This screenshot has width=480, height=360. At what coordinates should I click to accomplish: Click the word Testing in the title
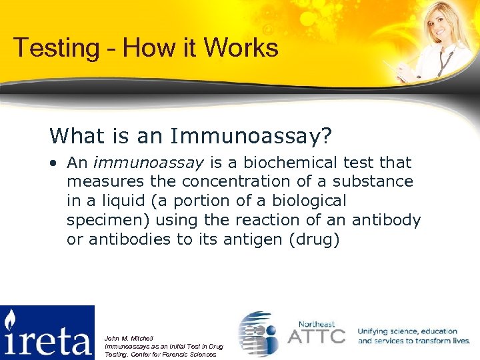click(51, 49)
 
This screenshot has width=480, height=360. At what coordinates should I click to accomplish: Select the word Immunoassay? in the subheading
click(251, 136)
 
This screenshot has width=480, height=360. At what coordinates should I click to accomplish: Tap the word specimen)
click(109, 220)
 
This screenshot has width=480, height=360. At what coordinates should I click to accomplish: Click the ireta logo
click(47, 333)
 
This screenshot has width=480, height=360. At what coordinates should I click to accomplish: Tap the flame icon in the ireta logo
click(10, 321)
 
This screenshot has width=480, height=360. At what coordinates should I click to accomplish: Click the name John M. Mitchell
click(129, 339)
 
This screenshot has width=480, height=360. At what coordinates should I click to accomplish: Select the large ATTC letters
click(316, 335)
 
